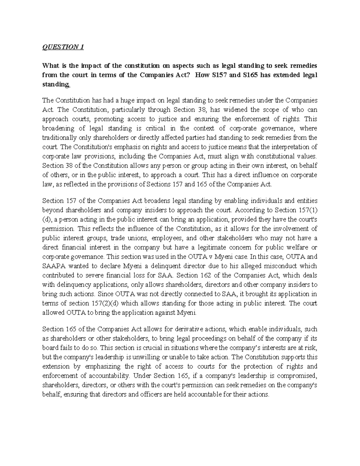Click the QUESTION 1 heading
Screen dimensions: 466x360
[63, 47]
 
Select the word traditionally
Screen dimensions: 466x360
[60, 138]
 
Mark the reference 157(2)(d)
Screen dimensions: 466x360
[105, 303]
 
